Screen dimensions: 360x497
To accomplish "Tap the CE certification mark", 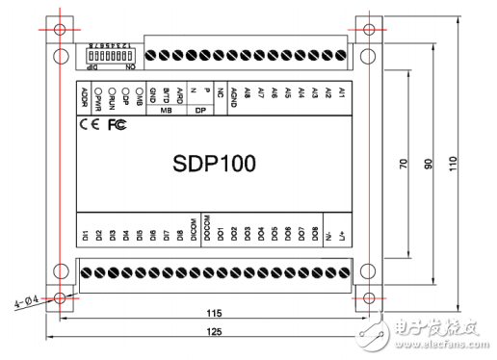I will [x=88, y=124].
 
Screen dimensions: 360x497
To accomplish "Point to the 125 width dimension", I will [x=214, y=331].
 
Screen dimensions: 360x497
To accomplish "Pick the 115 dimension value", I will [x=214, y=313].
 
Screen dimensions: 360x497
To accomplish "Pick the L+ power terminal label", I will [x=342, y=235].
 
